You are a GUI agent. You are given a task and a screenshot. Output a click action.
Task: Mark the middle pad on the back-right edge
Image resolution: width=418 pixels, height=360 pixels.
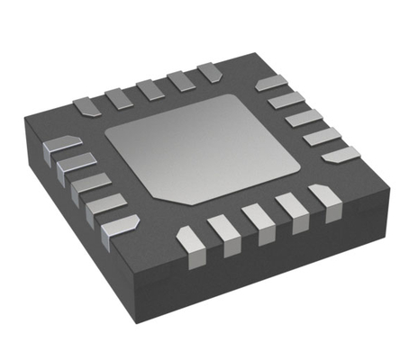304,117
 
